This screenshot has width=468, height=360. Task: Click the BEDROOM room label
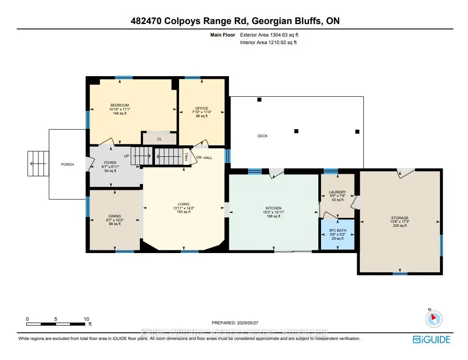click(119, 105)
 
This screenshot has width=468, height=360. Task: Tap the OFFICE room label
click(202, 108)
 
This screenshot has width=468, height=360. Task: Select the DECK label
click(263, 136)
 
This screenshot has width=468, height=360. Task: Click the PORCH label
click(67, 164)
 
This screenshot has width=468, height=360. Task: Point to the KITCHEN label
click(273, 208)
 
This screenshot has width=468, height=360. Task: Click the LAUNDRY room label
click(338, 192)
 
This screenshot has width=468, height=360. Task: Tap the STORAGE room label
click(400, 218)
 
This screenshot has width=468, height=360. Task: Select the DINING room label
click(115, 216)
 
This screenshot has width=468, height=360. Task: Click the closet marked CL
click(159, 139)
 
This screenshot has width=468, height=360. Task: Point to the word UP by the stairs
click(126, 156)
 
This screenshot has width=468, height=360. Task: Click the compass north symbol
click(433, 318)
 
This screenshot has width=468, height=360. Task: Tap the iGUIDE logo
click(431, 340)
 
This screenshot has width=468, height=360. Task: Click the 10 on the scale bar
click(86, 319)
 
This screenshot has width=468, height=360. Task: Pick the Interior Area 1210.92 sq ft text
click(269, 42)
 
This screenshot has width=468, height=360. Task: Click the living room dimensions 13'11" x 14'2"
click(184, 208)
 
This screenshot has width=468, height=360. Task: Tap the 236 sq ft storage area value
click(400, 226)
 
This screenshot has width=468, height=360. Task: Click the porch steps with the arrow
click(38, 164)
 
